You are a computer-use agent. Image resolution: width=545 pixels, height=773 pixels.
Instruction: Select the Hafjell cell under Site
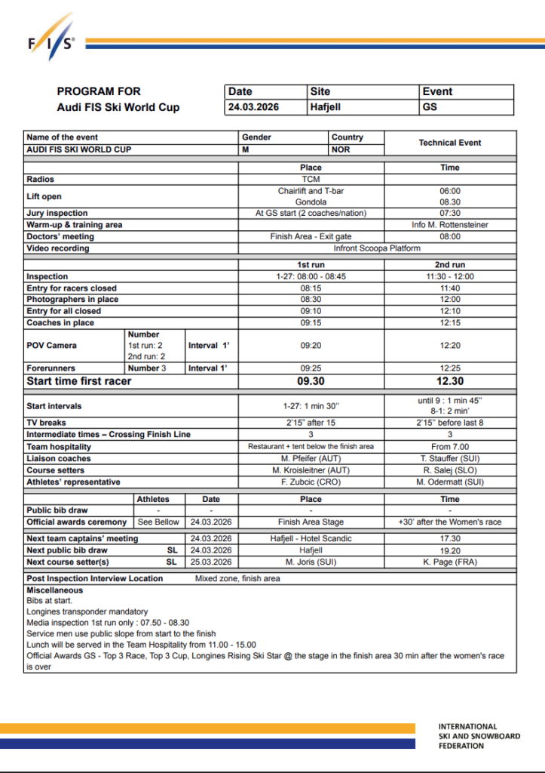(326, 107)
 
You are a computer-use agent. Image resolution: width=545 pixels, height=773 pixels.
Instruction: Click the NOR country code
(341, 149)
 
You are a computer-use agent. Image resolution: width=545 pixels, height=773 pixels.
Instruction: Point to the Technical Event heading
(450, 143)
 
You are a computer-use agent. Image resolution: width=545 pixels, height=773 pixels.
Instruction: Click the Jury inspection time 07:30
(450, 213)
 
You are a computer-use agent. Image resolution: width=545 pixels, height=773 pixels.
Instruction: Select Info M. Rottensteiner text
(450, 225)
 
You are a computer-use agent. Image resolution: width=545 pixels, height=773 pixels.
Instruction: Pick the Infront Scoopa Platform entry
(377, 248)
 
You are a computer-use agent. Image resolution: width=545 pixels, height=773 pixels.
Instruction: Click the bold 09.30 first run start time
(311, 381)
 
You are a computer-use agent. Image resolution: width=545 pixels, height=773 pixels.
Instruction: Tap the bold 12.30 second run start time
(450, 381)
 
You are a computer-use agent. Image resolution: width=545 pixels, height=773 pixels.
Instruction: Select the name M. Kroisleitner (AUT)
(311, 470)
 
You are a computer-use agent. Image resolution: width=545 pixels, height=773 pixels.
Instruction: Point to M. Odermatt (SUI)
(450, 482)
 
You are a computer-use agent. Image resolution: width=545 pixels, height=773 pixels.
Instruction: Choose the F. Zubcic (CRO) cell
(311, 482)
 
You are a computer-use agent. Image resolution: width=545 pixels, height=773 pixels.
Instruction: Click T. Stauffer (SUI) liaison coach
(450, 458)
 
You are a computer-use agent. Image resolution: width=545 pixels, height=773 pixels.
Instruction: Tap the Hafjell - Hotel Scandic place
(311, 538)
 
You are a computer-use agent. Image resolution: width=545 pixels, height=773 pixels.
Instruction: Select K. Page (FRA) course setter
(450, 562)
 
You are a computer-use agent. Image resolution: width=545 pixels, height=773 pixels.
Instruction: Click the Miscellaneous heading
(55, 590)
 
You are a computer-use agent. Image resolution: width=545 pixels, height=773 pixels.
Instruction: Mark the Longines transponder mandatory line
(87, 611)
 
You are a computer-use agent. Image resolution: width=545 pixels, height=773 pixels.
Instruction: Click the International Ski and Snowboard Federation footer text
(479, 736)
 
